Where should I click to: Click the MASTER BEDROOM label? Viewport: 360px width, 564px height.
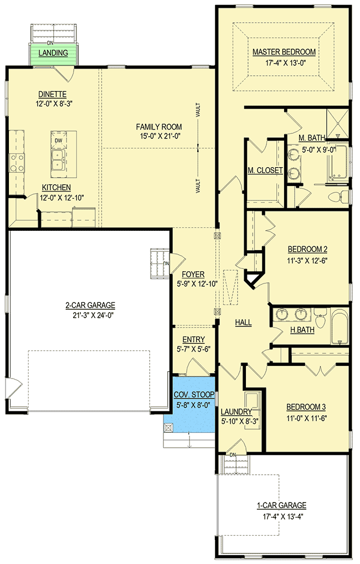tap(284, 52)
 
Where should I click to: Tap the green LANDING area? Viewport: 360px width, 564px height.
tap(54, 53)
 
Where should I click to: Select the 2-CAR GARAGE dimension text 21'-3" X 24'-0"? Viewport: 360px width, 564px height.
tap(90, 315)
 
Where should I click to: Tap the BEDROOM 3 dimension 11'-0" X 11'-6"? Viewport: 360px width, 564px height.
tap(307, 418)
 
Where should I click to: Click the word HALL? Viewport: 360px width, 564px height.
tap(243, 322)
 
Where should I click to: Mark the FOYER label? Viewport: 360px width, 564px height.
tap(193, 274)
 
